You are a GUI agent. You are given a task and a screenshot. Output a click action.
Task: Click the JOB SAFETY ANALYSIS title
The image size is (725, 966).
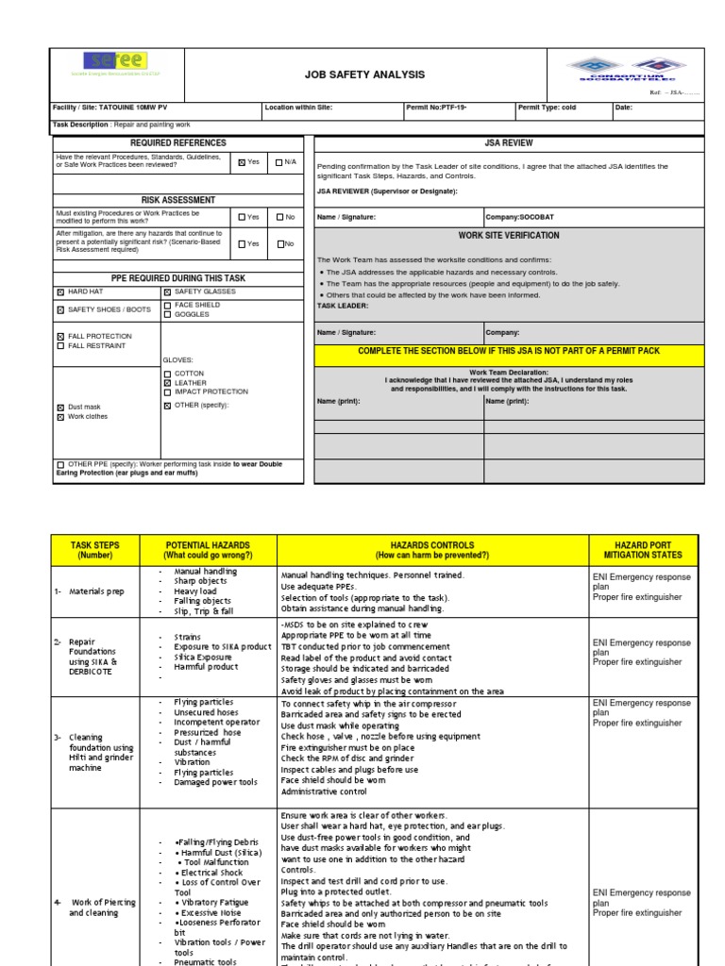[363, 75]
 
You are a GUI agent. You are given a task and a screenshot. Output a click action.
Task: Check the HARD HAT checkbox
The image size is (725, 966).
[60, 292]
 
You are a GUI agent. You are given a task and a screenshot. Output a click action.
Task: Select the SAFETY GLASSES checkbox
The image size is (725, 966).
[168, 292]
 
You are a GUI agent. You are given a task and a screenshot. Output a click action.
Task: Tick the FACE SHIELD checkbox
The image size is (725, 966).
[168, 305]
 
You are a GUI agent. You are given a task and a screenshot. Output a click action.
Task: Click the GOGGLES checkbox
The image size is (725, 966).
[168, 314]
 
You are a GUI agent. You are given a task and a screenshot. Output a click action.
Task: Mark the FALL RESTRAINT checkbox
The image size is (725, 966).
[60, 346]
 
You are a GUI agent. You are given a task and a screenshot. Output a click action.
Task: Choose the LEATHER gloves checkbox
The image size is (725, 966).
[168, 383]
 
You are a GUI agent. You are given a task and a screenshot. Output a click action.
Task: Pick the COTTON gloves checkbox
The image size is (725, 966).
[168, 374]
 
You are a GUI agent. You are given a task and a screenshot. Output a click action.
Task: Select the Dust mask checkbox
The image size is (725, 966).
[60, 407]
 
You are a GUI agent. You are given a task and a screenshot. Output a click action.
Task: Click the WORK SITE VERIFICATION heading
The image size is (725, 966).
[509, 236]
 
